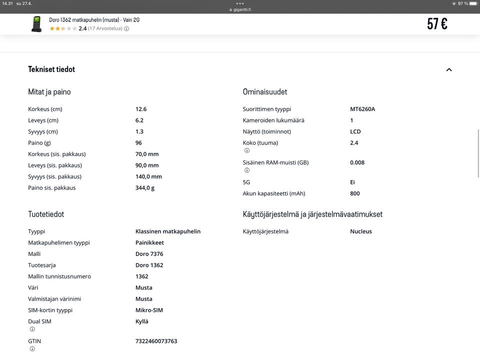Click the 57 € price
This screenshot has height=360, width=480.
(x=437, y=23)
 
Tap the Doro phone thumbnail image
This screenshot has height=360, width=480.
(x=36, y=24)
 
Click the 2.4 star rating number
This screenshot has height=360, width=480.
(x=82, y=28)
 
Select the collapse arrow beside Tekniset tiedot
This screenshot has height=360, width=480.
(x=449, y=69)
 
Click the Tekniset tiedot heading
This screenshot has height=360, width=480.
(x=51, y=69)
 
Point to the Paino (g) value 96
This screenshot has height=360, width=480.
(x=138, y=142)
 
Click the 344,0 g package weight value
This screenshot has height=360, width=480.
(x=145, y=187)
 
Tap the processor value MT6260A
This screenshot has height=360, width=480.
(x=362, y=108)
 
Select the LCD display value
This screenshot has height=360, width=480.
(x=355, y=131)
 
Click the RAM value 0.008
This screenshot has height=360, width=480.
(x=357, y=162)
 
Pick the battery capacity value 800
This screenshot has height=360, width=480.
(x=355, y=193)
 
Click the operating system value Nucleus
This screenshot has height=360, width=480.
(x=361, y=231)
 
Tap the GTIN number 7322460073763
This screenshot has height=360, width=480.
(x=156, y=341)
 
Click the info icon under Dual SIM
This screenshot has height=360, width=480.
(x=32, y=329)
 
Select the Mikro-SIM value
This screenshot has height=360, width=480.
(x=149, y=310)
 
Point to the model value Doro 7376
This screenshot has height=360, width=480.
(x=149, y=253)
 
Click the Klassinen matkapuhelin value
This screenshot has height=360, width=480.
(x=168, y=231)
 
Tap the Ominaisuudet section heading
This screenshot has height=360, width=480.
(x=265, y=91)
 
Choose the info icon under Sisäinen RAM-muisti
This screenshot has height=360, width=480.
(x=247, y=170)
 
